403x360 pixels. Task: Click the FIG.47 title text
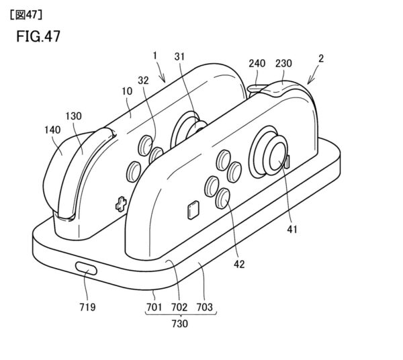coord(38,36)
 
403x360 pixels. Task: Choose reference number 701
coord(156,308)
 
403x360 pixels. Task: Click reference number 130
coord(74,116)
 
